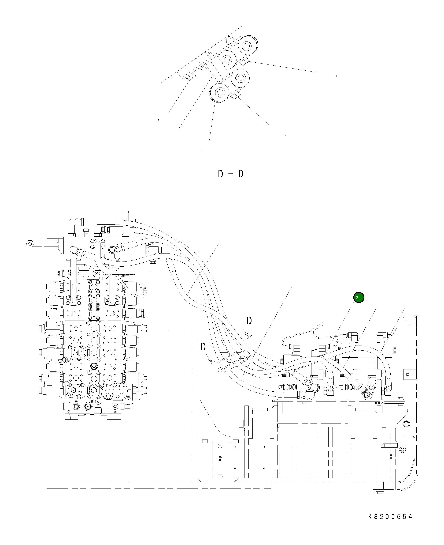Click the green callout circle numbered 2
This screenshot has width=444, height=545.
coord(359,298)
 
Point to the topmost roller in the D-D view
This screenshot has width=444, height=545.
coord(247,46)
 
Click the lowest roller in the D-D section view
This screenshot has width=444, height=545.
coord(219,92)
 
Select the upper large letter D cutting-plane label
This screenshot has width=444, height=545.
coord(249,321)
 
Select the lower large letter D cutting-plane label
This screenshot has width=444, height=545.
coord(203,347)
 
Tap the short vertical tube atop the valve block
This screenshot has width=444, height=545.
coord(125,215)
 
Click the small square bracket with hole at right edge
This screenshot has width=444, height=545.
coord(407,375)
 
